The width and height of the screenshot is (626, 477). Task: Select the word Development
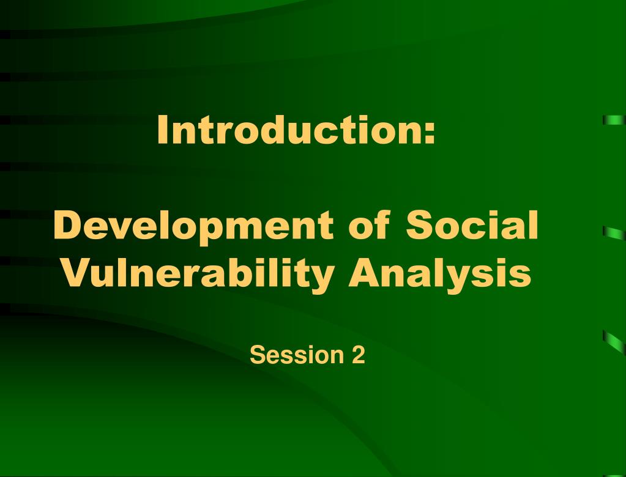193,226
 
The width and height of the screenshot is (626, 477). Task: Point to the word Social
472,224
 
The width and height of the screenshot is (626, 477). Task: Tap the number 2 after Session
359,355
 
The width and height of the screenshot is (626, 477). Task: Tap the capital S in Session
258,355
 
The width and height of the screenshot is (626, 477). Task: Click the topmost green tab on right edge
614,120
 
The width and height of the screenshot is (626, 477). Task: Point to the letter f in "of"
383,224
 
